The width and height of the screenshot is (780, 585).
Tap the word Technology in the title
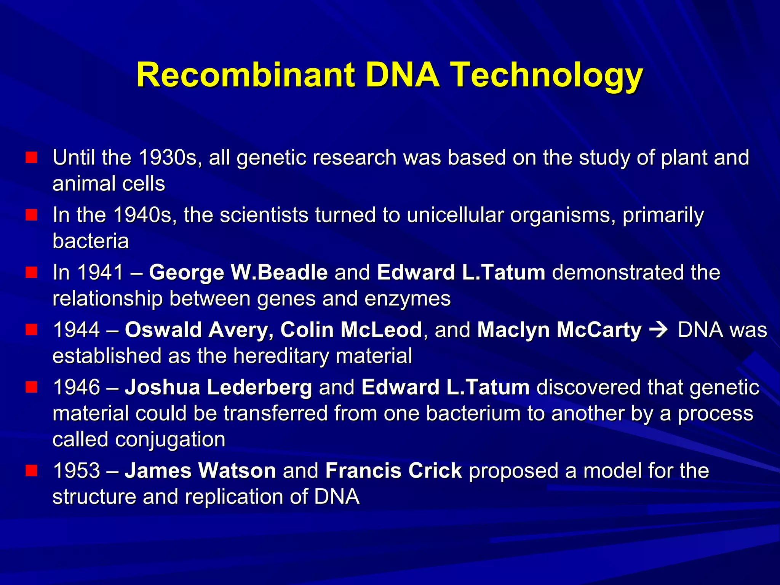547,75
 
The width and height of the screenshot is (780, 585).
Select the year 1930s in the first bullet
168,157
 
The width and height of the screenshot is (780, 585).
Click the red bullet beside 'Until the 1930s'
31,157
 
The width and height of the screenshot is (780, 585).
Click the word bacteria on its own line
91,241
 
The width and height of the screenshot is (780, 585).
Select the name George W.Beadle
238,272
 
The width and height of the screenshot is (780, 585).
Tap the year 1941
100,272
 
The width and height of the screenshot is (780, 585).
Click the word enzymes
407,298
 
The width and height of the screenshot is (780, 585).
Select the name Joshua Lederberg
218,387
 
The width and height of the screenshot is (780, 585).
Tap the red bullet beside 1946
31,387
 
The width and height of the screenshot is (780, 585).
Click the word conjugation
170,439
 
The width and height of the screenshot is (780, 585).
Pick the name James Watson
200,471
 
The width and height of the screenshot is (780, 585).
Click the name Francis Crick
393,471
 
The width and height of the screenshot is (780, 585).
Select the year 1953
76,471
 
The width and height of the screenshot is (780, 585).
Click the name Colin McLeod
351,330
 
